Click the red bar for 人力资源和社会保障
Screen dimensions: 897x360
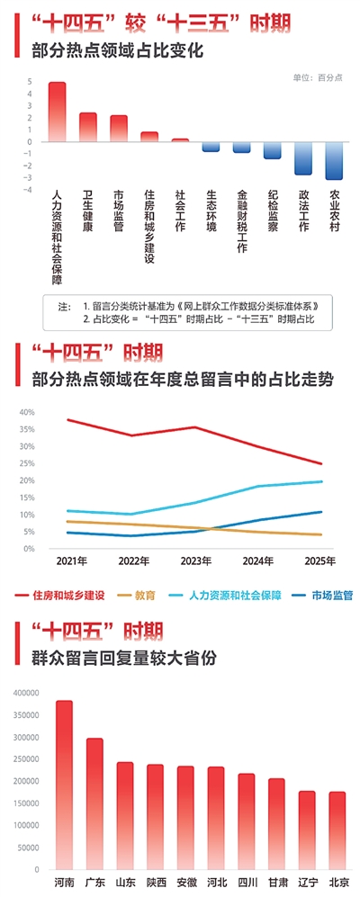(57, 112)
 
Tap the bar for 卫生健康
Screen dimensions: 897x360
(88, 127)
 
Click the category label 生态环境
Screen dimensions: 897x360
(211, 210)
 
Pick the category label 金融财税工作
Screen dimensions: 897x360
(241, 220)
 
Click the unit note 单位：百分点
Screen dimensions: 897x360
(318, 77)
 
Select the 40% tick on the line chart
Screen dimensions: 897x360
(26, 412)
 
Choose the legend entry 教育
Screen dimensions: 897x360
(144, 595)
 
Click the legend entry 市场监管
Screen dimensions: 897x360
(331, 595)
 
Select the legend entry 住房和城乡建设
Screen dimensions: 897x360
(68, 595)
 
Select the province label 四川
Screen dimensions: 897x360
(246, 883)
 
